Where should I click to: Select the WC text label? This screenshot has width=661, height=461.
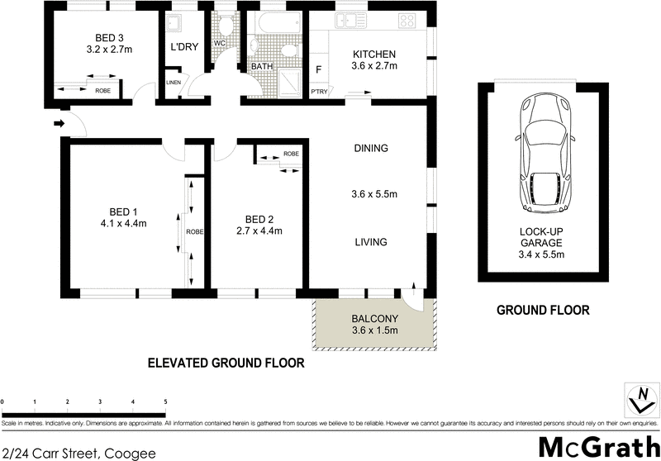[x=219, y=43]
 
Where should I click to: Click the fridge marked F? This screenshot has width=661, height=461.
[x=318, y=70]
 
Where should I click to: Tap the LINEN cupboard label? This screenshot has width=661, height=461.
[x=174, y=83]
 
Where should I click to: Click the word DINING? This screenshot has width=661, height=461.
[x=370, y=149]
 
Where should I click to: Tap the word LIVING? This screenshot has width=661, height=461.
[x=370, y=242]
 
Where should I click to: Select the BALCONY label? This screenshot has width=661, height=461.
[x=374, y=319]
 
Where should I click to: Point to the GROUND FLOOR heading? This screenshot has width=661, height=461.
[x=542, y=311]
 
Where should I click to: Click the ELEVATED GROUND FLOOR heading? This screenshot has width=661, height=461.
[x=226, y=363]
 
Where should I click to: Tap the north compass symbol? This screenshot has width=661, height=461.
[x=638, y=401]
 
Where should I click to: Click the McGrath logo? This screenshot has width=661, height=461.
[x=594, y=444]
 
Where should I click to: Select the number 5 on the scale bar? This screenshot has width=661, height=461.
[x=165, y=402]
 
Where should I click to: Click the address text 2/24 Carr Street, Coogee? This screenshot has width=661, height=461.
[x=68, y=452]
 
